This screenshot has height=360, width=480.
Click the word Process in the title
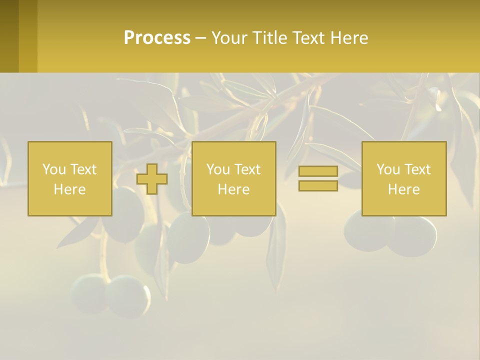pos(157,38)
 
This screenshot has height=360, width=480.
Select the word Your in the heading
pos(229,38)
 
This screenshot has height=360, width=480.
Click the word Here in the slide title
pos(349,38)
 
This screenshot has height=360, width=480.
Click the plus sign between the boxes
pos(152,178)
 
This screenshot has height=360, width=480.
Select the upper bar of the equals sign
pos(318,171)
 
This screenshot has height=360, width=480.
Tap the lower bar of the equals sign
pos(318,185)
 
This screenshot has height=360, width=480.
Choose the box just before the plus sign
pos(70,178)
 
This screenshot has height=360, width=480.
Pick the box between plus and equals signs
pos(234,178)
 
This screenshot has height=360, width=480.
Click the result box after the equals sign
pos(404,178)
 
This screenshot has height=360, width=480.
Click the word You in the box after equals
pos(388,169)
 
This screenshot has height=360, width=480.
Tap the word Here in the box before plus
pos(70,189)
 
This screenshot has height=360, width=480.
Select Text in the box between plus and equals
pos(247,169)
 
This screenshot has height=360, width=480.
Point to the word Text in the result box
pos(417,169)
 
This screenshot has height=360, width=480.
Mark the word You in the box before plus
pos(54,169)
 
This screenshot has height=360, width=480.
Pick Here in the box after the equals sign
pos(404,189)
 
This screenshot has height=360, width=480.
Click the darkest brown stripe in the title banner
pos(9,36)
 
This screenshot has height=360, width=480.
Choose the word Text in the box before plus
pos(83,169)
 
